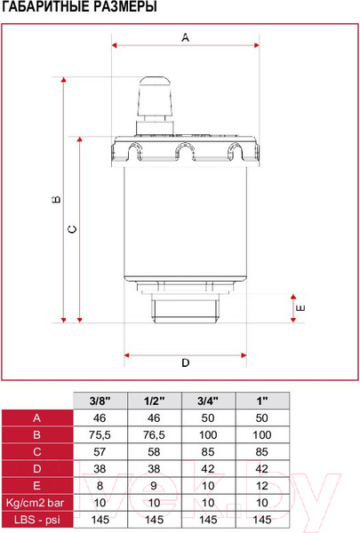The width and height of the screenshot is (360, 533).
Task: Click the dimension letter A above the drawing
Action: [185, 37]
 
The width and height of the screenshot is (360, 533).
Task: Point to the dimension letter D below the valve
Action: [185, 362]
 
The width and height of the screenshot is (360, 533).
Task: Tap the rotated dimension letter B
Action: [57, 199]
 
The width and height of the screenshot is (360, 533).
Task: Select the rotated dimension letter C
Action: [72, 229]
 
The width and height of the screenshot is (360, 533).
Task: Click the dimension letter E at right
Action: [300, 308]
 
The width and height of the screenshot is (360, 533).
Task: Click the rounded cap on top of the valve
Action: [156, 96]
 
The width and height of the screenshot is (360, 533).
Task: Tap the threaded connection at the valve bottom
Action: [186, 308]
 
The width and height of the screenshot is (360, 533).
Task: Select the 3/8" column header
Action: [100, 401]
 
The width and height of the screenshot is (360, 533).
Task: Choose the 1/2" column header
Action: [154, 401]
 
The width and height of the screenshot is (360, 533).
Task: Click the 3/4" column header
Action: [208, 401]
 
